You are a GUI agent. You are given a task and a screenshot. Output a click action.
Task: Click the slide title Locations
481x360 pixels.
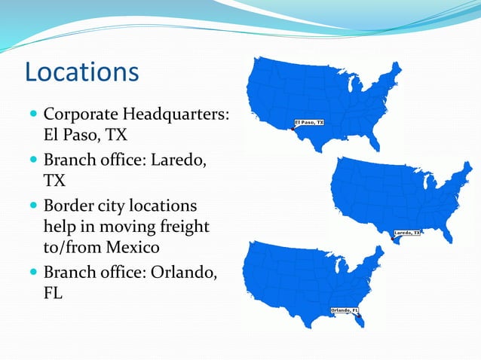coord(81,72)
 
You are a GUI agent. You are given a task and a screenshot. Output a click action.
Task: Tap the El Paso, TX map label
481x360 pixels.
coord(309,122)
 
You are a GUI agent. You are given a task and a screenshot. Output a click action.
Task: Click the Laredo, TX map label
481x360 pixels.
coord(407,233)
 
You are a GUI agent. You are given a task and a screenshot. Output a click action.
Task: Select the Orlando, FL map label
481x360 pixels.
coord(345,310)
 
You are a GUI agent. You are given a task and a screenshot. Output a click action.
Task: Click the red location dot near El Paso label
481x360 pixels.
coord(293,130)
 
